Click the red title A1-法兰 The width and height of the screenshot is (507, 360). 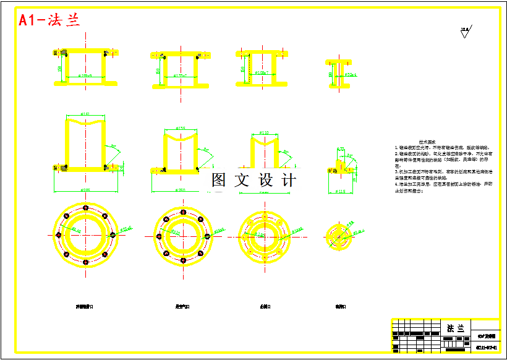[x=49, y=21]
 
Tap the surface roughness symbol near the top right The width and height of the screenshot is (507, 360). [x=465, y=30]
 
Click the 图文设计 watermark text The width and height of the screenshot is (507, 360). [x=253, y=180]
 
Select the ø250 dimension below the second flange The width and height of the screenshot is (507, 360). [x=181, y=189]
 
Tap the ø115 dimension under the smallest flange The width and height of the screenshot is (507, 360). [x=340, y=191]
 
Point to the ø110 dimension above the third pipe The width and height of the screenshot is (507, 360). [x=265, y=133]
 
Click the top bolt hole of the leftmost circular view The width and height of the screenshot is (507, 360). [x=85, y=207]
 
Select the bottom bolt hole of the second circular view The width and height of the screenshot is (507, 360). [x=183, y=260]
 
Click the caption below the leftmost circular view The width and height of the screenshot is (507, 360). [x=85, y=306]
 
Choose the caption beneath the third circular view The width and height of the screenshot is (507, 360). [x=266, y=306]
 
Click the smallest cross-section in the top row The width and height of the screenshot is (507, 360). [x=339, y=73]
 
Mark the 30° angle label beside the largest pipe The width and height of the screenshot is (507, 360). [x=113, y=147]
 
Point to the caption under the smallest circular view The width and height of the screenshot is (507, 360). [x=340, y=306]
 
